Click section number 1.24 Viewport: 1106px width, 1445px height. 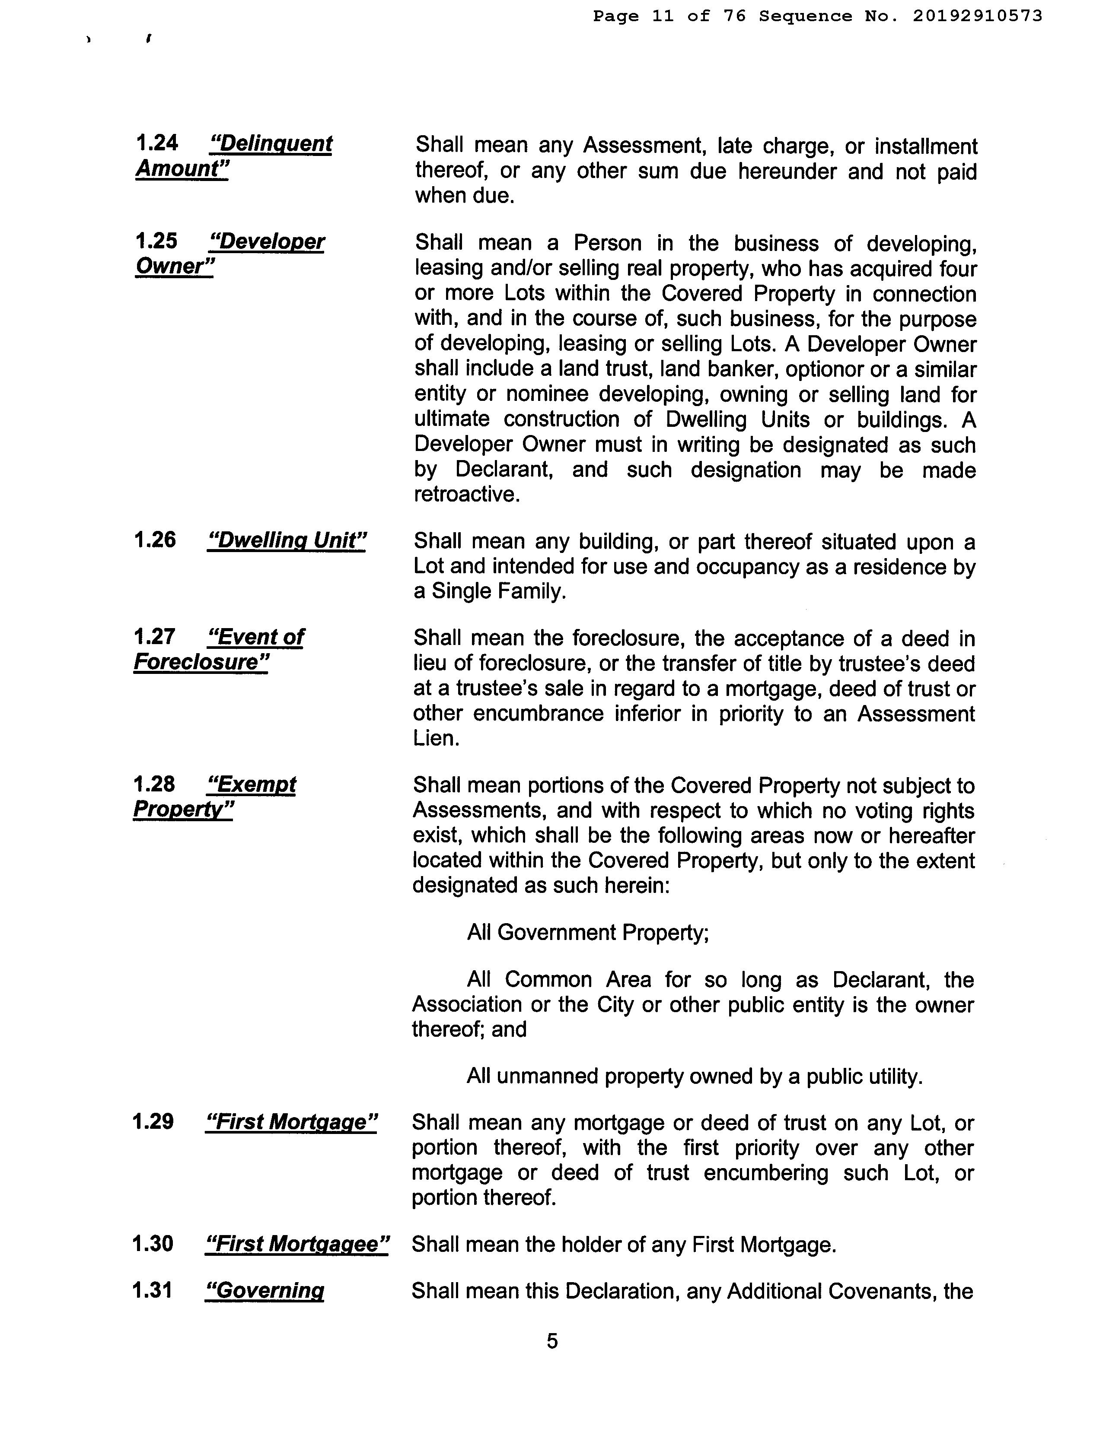click(157, 143)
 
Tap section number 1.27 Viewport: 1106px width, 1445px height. click(154, 636)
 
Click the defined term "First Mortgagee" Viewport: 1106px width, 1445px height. click(297, 1244)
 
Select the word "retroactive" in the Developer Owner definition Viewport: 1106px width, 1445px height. click(467, 494)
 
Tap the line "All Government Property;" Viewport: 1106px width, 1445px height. click(588, 932)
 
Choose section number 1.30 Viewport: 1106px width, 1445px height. click(153, 1244)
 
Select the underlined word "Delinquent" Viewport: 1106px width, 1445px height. click(271, 143)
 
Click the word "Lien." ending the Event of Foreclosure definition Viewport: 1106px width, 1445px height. click(436, 738)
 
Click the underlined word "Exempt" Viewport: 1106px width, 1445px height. click(252, 784)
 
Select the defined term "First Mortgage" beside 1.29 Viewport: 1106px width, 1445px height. click(291, 1121)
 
